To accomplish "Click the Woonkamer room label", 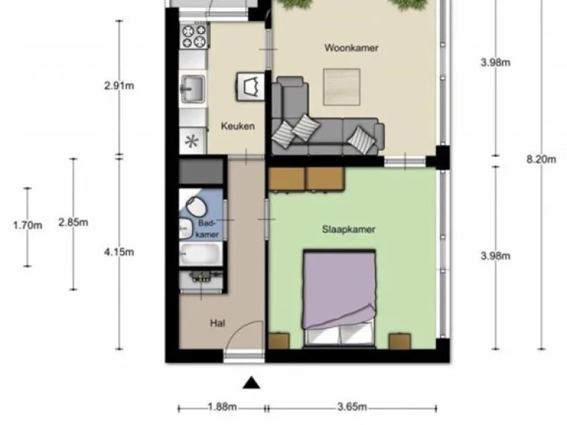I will pos(352,48).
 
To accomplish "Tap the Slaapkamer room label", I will pos(349,229).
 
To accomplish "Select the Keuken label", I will pos(237,126).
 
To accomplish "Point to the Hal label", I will pos(218,323).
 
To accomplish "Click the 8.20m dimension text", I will pos(540,159).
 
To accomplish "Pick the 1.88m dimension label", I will pos(222,408).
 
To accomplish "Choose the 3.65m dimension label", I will pos(352,408).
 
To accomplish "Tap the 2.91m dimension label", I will pos(119,85).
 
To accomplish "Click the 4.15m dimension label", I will pos(119,252).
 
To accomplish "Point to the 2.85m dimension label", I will pos(73,222).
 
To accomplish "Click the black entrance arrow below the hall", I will pos(252,383).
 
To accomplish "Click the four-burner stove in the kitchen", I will pos(194,35).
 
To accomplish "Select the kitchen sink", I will pos(192,89).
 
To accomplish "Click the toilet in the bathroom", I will pos(195,206).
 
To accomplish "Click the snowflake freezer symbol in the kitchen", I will pos(192,140).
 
